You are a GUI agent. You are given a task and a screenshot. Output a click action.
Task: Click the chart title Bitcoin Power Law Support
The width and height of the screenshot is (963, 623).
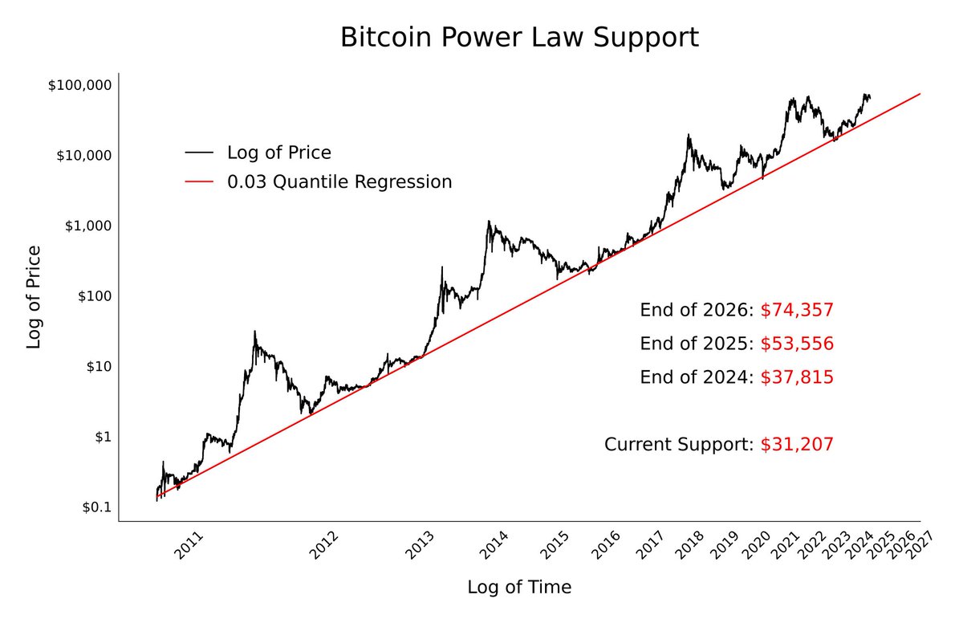pos(519,38)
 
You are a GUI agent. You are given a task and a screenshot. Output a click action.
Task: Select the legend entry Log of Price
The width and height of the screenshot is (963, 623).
pos(278,153)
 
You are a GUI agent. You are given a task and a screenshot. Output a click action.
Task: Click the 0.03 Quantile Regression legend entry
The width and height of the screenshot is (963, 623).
pos(339,182)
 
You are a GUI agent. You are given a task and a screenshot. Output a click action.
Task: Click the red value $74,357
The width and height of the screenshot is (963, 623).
pos(797,311)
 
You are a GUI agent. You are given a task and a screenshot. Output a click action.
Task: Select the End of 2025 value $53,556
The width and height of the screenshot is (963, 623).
pos(797,344)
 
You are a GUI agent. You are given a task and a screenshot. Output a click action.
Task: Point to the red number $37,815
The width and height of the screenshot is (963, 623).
pos(797,377)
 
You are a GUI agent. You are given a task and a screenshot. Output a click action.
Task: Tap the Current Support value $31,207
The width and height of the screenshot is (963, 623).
pos(797,444)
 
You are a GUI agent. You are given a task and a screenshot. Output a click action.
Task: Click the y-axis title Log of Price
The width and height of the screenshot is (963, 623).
pos(34,297)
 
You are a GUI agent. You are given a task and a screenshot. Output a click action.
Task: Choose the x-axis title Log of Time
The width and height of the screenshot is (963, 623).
pos(519,588)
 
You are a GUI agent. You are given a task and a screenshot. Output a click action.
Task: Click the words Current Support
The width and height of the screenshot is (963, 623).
pos(678,444)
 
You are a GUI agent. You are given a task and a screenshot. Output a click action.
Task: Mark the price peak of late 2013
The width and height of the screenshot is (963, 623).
pos(489,222)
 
